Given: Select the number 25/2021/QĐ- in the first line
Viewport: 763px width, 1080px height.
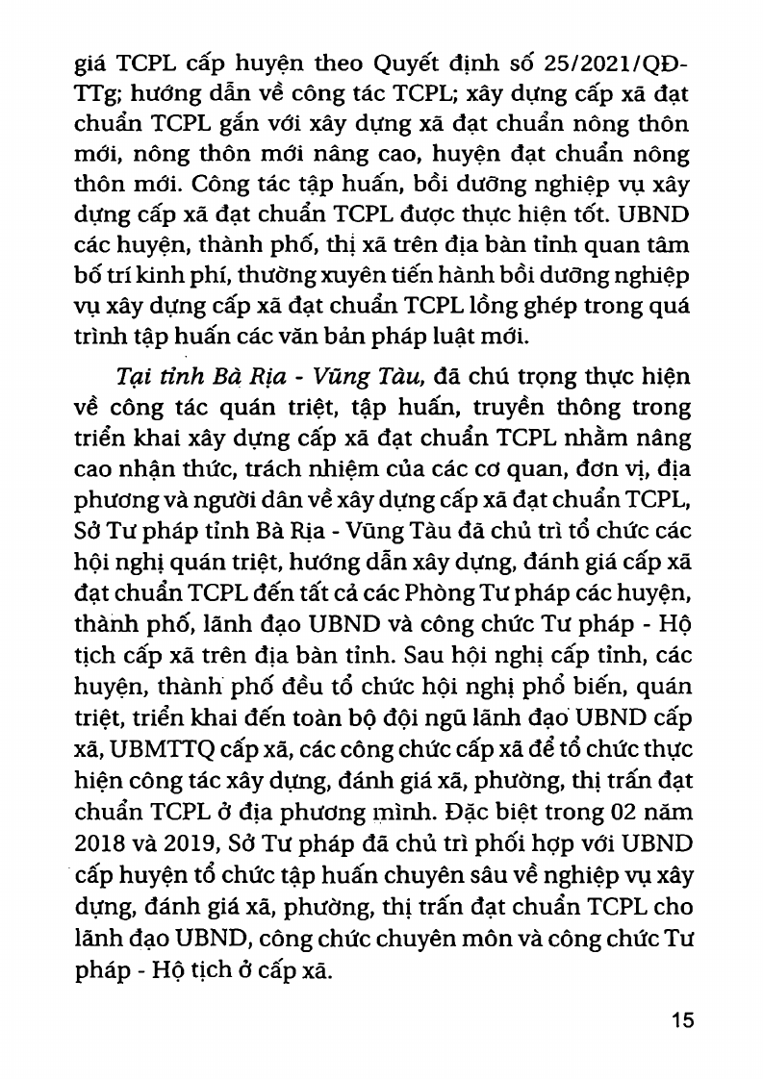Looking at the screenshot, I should coord(611,66).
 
